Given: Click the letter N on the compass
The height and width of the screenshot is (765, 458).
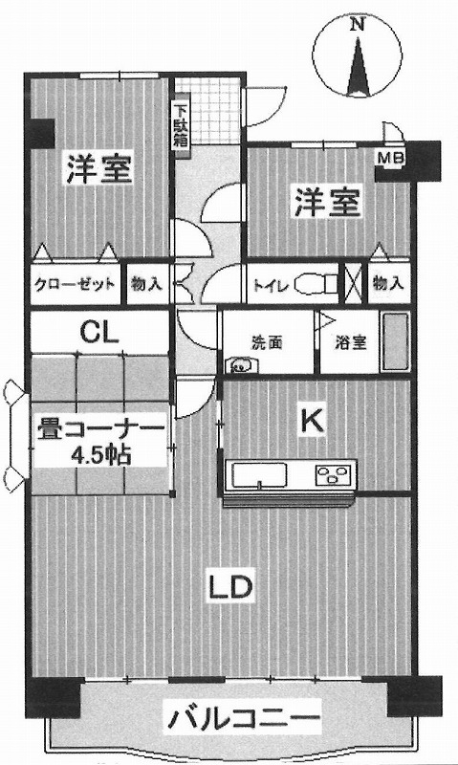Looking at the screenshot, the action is click(x=359, y=24).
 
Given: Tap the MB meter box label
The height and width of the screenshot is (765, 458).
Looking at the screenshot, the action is click(x=390, y=158).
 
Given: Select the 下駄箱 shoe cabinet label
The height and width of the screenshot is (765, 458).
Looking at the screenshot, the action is click(x=180, y=124).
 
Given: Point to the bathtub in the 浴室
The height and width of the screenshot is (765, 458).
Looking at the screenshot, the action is click(x=396, y=342).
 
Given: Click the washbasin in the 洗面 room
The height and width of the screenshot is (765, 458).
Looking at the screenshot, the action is click(x=240, y=363).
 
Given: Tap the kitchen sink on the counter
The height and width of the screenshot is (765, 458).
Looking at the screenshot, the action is click(x=259, y=474).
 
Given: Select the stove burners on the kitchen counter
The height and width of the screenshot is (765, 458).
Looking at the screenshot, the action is click(x=333, y=473).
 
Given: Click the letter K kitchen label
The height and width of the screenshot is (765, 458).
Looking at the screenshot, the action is click(x=312, y=421).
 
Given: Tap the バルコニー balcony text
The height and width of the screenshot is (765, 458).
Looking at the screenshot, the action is click(x=244, y=716).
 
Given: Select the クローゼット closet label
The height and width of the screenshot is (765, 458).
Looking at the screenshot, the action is click(x=75, y=284).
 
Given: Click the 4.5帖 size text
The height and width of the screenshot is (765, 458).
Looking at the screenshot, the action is click(x=101, y=455).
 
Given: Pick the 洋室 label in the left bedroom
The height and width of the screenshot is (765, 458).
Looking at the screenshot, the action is click(x=99, y=169).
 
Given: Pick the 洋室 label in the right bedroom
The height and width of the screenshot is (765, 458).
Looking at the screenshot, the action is click(x=327, y=201).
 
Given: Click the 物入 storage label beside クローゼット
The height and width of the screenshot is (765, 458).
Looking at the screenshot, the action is click(x=146, y=283).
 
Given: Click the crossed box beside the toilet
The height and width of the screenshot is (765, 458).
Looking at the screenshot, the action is click(x=354, y=282).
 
